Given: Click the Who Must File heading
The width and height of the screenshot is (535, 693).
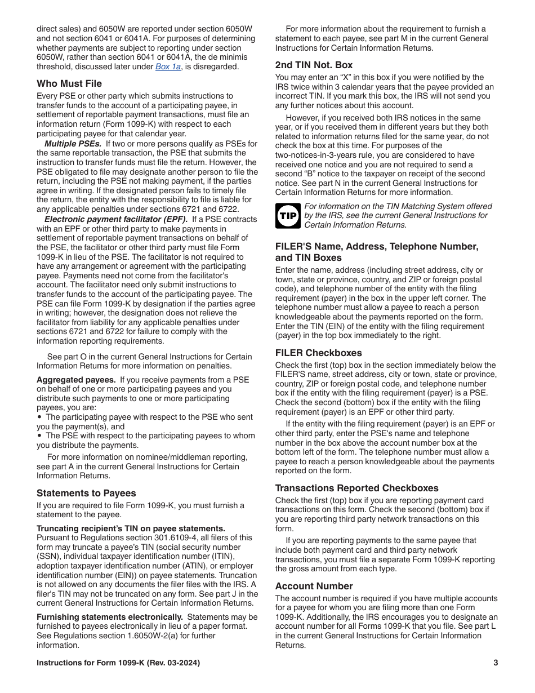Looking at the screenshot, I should (x=69, y=83).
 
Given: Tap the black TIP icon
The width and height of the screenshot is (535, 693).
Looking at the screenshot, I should (x=288, y=216).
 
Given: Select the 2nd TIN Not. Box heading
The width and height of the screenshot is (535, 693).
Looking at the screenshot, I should (x=314, y=65).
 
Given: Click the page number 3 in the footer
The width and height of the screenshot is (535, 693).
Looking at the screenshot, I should (x=496, y=663).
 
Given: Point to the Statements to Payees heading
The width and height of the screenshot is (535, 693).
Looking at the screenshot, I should (x=86, y=493).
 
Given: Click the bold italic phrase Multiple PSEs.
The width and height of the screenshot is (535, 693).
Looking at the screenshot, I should (x=73, y=144).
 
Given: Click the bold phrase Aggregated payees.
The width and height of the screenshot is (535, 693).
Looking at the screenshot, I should (x=76, y=380).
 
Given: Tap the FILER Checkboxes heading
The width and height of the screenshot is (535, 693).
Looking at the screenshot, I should (x=318, y=353).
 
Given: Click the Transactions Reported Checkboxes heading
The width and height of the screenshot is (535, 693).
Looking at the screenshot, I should (x=356, y=488).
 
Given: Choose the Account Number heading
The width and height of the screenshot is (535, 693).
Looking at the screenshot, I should (x=314, y=586).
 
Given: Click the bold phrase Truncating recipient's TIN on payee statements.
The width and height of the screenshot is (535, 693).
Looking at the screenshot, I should (x=131, y=528).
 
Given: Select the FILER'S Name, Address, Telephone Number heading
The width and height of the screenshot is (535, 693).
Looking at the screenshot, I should (x=376, y=246).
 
